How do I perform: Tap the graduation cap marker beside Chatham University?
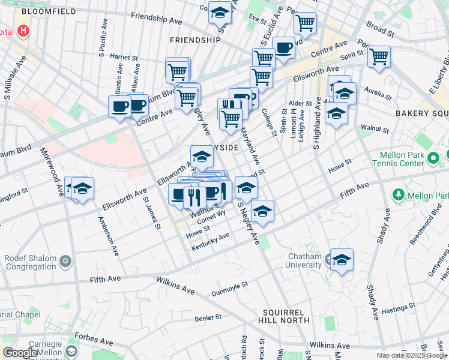(x=342, y=260)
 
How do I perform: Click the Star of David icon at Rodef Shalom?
(x=65, y=261)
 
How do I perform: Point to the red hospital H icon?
(x=23, y=30)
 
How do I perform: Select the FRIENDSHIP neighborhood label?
(x=196, y=40)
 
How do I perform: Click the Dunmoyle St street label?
(x=229, y=289)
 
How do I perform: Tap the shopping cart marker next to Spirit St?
(x=379, y=57)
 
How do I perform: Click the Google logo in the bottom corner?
(x=20, y=353)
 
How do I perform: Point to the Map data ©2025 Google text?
(x=412, y=355)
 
